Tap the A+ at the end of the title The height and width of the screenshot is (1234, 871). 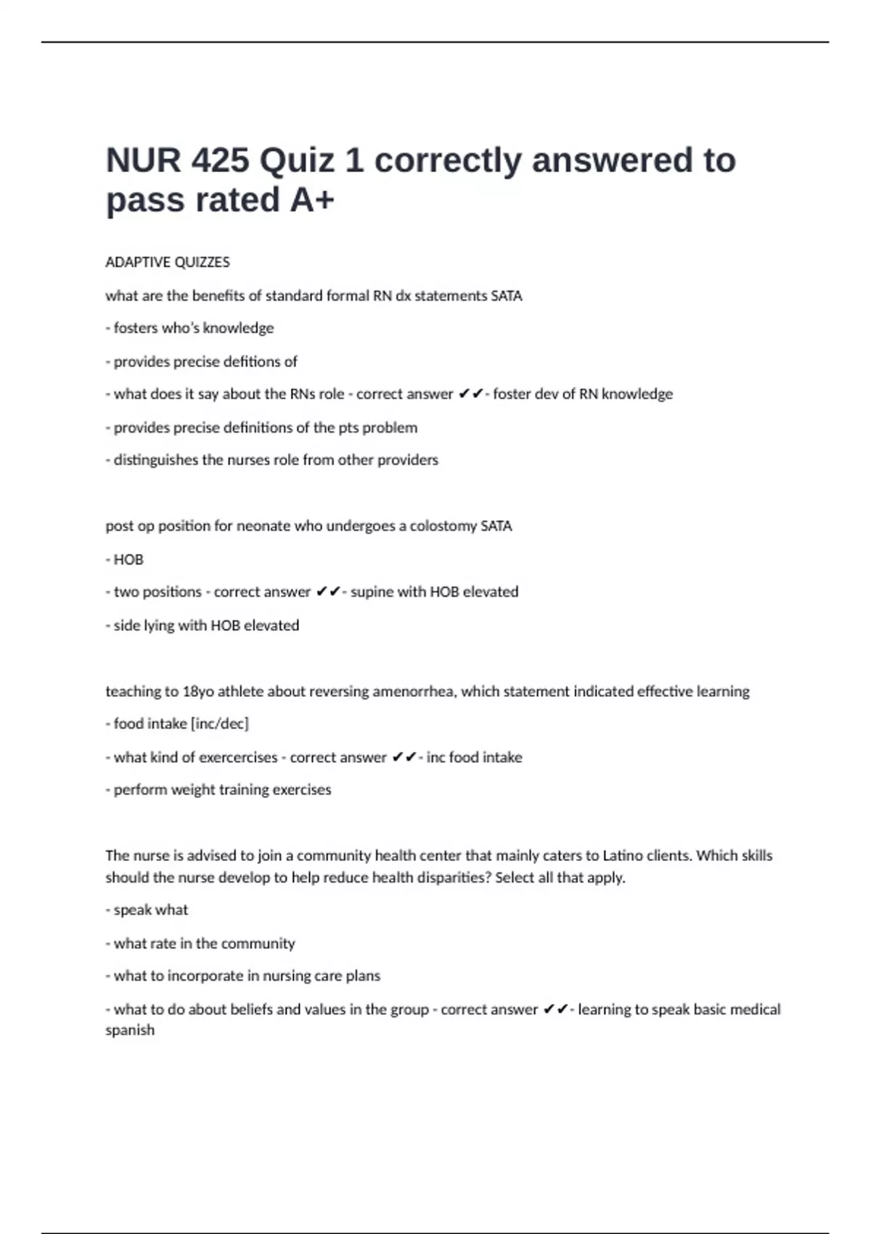[x=312, y=200]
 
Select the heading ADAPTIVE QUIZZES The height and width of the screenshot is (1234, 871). [x=168, y=262]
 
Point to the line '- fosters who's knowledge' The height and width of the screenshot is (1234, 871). [x=189, y=328]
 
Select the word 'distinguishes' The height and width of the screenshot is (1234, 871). [x=156, y=460]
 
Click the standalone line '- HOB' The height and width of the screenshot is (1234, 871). [x=125, y=560]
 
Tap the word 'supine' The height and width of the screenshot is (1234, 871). [x=371, y=592]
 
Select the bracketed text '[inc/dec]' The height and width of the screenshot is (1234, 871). [x=219, y=724]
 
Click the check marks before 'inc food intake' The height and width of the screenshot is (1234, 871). [x=404, y=757]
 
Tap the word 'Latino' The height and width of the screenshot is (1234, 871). [x=623, y=856]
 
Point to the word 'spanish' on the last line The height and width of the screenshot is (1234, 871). [x=130, y=1030]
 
